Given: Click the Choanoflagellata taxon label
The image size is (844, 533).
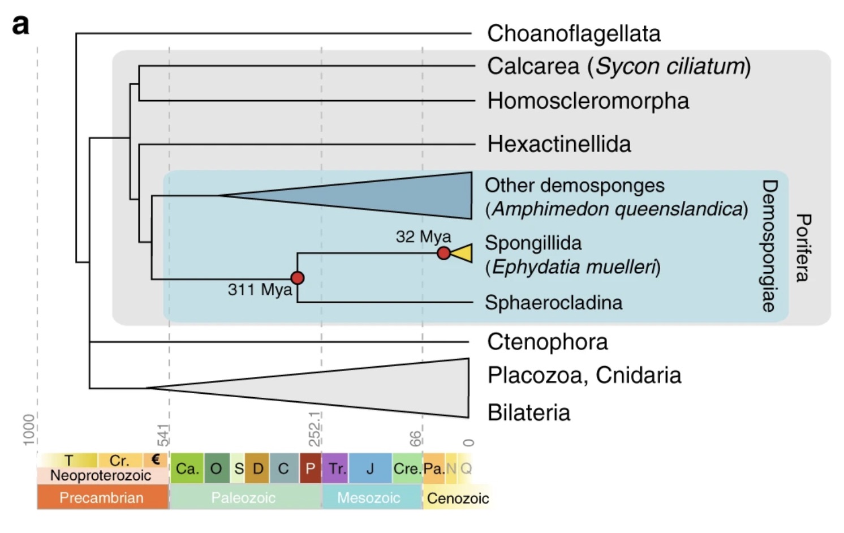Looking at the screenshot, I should click(574, 34).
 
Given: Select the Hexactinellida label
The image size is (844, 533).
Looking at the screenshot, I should click(559, 144).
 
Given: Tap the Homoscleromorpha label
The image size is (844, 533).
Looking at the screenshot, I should click(588, 101).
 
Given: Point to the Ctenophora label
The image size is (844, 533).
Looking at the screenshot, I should click(547, 342).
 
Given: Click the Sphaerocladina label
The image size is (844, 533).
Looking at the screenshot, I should click(553, 303).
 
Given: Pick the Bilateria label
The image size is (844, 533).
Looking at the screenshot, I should click(528, 412).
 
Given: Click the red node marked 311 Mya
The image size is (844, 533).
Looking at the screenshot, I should click(298, 278).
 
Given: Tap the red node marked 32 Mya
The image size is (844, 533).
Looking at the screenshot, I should click(444, 253).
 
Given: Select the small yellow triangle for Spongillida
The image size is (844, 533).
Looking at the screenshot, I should click(463, 253).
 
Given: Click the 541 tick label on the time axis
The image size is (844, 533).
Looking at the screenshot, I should click(163, 435).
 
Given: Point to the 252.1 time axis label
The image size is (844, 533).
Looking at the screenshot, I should click(315, 429).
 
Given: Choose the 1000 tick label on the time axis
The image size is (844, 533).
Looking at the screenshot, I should click(29, 429).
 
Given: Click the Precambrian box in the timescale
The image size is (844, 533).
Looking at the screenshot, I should click(102, 498).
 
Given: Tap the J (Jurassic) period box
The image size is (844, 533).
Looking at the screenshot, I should click(370, 468).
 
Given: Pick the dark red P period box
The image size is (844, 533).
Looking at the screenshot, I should click(310, 468).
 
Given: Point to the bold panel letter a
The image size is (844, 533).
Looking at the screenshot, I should click(21, 25).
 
